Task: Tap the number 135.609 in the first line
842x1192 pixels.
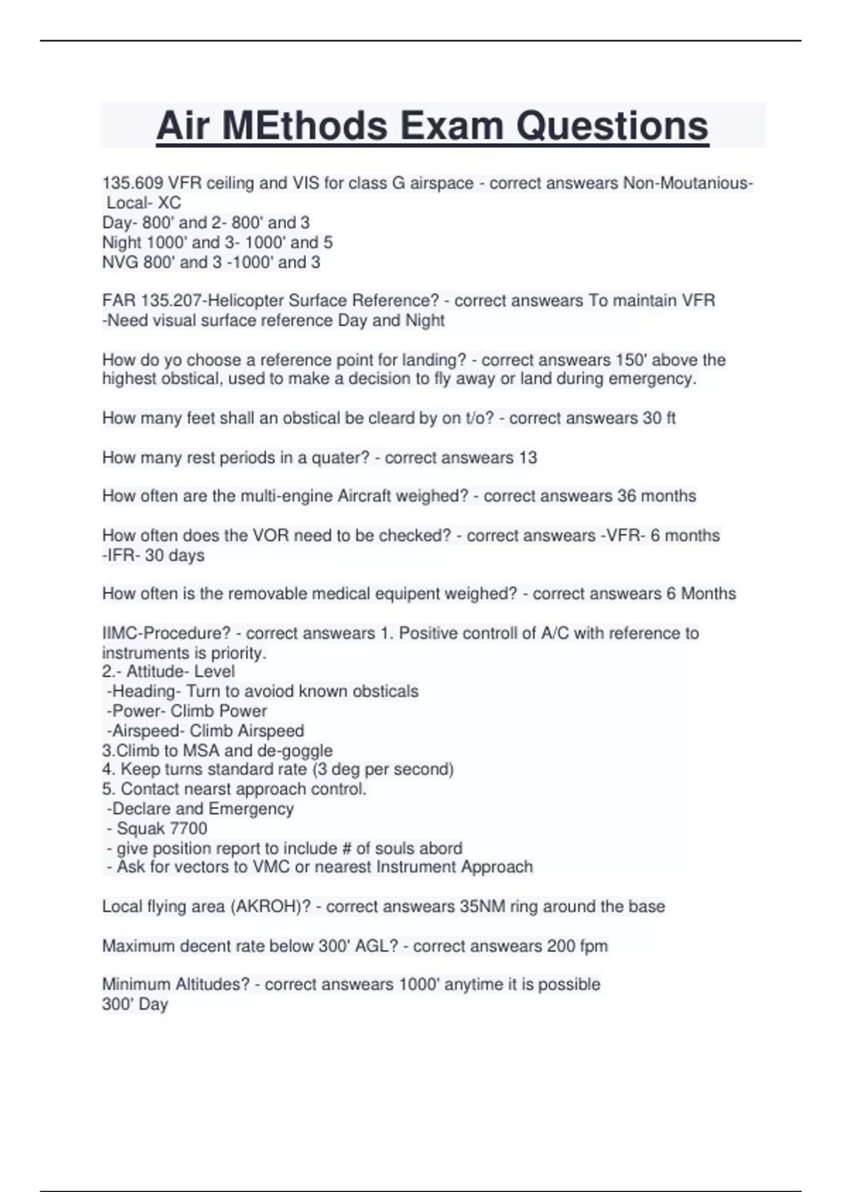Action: pos(133,183)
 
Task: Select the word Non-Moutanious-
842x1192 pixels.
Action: pos(688,183)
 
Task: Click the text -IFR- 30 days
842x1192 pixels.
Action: pos(154,555)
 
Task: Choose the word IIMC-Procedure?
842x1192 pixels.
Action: pos(166,633)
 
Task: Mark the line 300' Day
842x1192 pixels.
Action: pos(135,1004)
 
